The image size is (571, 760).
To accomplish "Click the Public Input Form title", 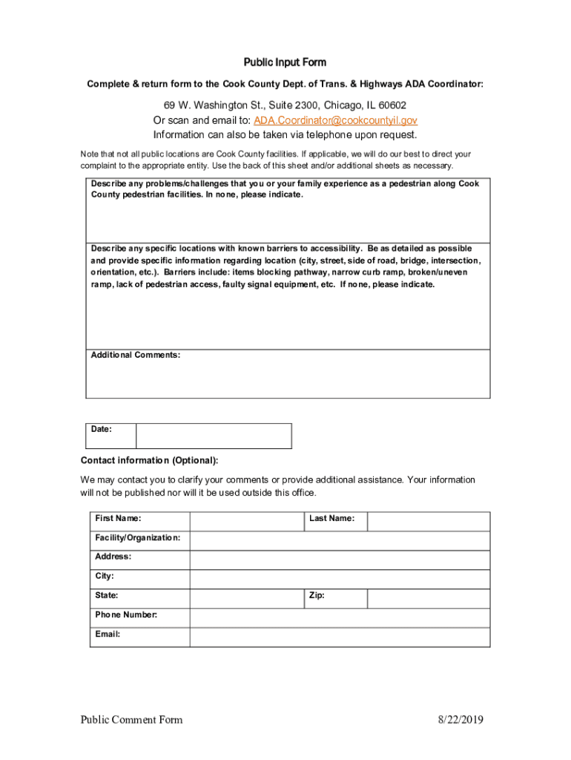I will (285, 62).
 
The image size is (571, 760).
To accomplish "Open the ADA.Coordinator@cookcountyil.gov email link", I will (335, 120).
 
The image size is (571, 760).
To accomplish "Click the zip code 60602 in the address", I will (391, 105).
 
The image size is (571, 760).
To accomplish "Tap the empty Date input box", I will (214, 436).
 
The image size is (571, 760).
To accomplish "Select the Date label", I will (102, 429).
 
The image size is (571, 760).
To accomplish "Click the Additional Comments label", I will (135, 356).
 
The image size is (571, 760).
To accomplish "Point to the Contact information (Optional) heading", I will (149, 461).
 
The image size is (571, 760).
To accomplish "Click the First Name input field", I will (246, 521).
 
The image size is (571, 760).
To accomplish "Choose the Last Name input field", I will (428, 521).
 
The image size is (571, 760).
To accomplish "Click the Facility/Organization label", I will (137, 537).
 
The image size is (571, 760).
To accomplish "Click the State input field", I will (246, 598).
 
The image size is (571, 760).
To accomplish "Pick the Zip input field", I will (428, 598).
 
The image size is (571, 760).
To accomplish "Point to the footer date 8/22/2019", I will (460, 720).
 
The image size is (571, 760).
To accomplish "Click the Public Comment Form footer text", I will (132, 720).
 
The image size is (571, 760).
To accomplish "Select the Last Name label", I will (331, 518).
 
